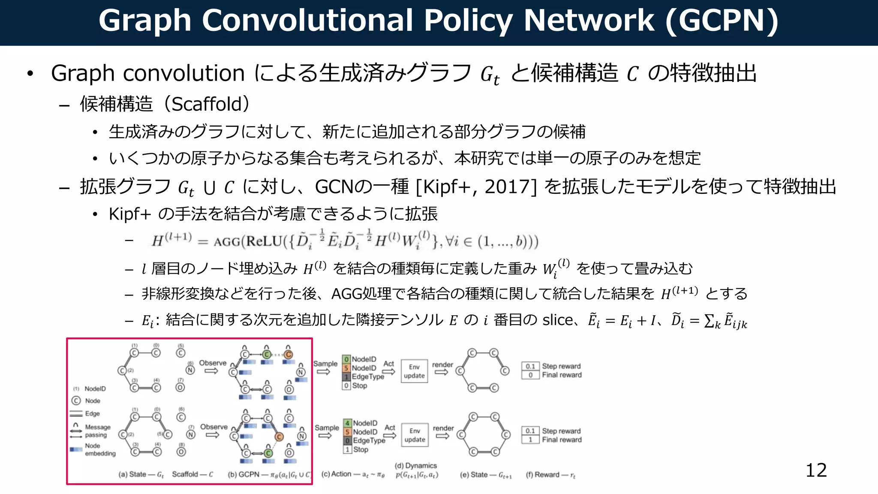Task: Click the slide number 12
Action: [x=816, y=470]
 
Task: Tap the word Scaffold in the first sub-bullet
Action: [x=207, y=104]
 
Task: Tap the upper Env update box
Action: [x=414, y=371]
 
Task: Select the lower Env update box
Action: [x=415, y=435]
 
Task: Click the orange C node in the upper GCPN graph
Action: [x=289, y=354]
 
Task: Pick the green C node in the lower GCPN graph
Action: [x=268, y=453]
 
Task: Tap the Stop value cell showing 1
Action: [x=347, y=449]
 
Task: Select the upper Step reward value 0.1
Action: [x=530, y=366]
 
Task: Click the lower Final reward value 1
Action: [x=530, y=440]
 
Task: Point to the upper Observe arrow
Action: [x=211, y=371]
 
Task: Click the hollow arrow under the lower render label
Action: [x=442, y=436]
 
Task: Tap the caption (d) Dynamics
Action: [x=415, y=466]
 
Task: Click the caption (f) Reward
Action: [x=550, y=475]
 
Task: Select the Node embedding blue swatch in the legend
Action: [x=76, y=449]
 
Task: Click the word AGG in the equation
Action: [x=227, y=242]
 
